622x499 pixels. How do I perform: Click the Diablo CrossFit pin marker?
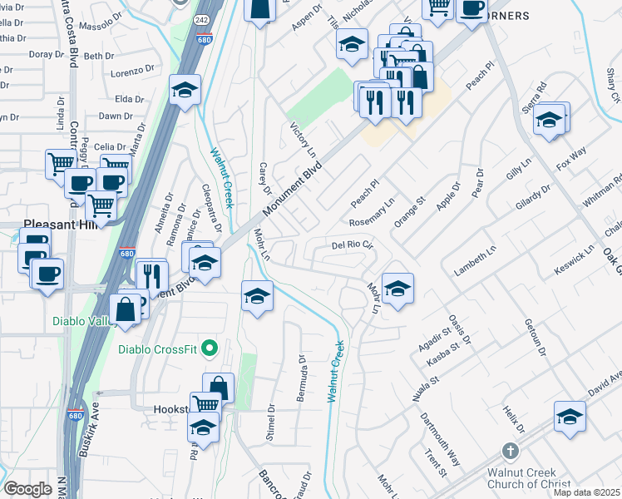[x=210, y=348]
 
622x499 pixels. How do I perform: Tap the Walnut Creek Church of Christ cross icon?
[x=511, y=451]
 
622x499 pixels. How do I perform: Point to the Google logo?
[x=27, y=488]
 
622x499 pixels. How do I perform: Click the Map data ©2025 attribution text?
[x=586, y=492]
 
